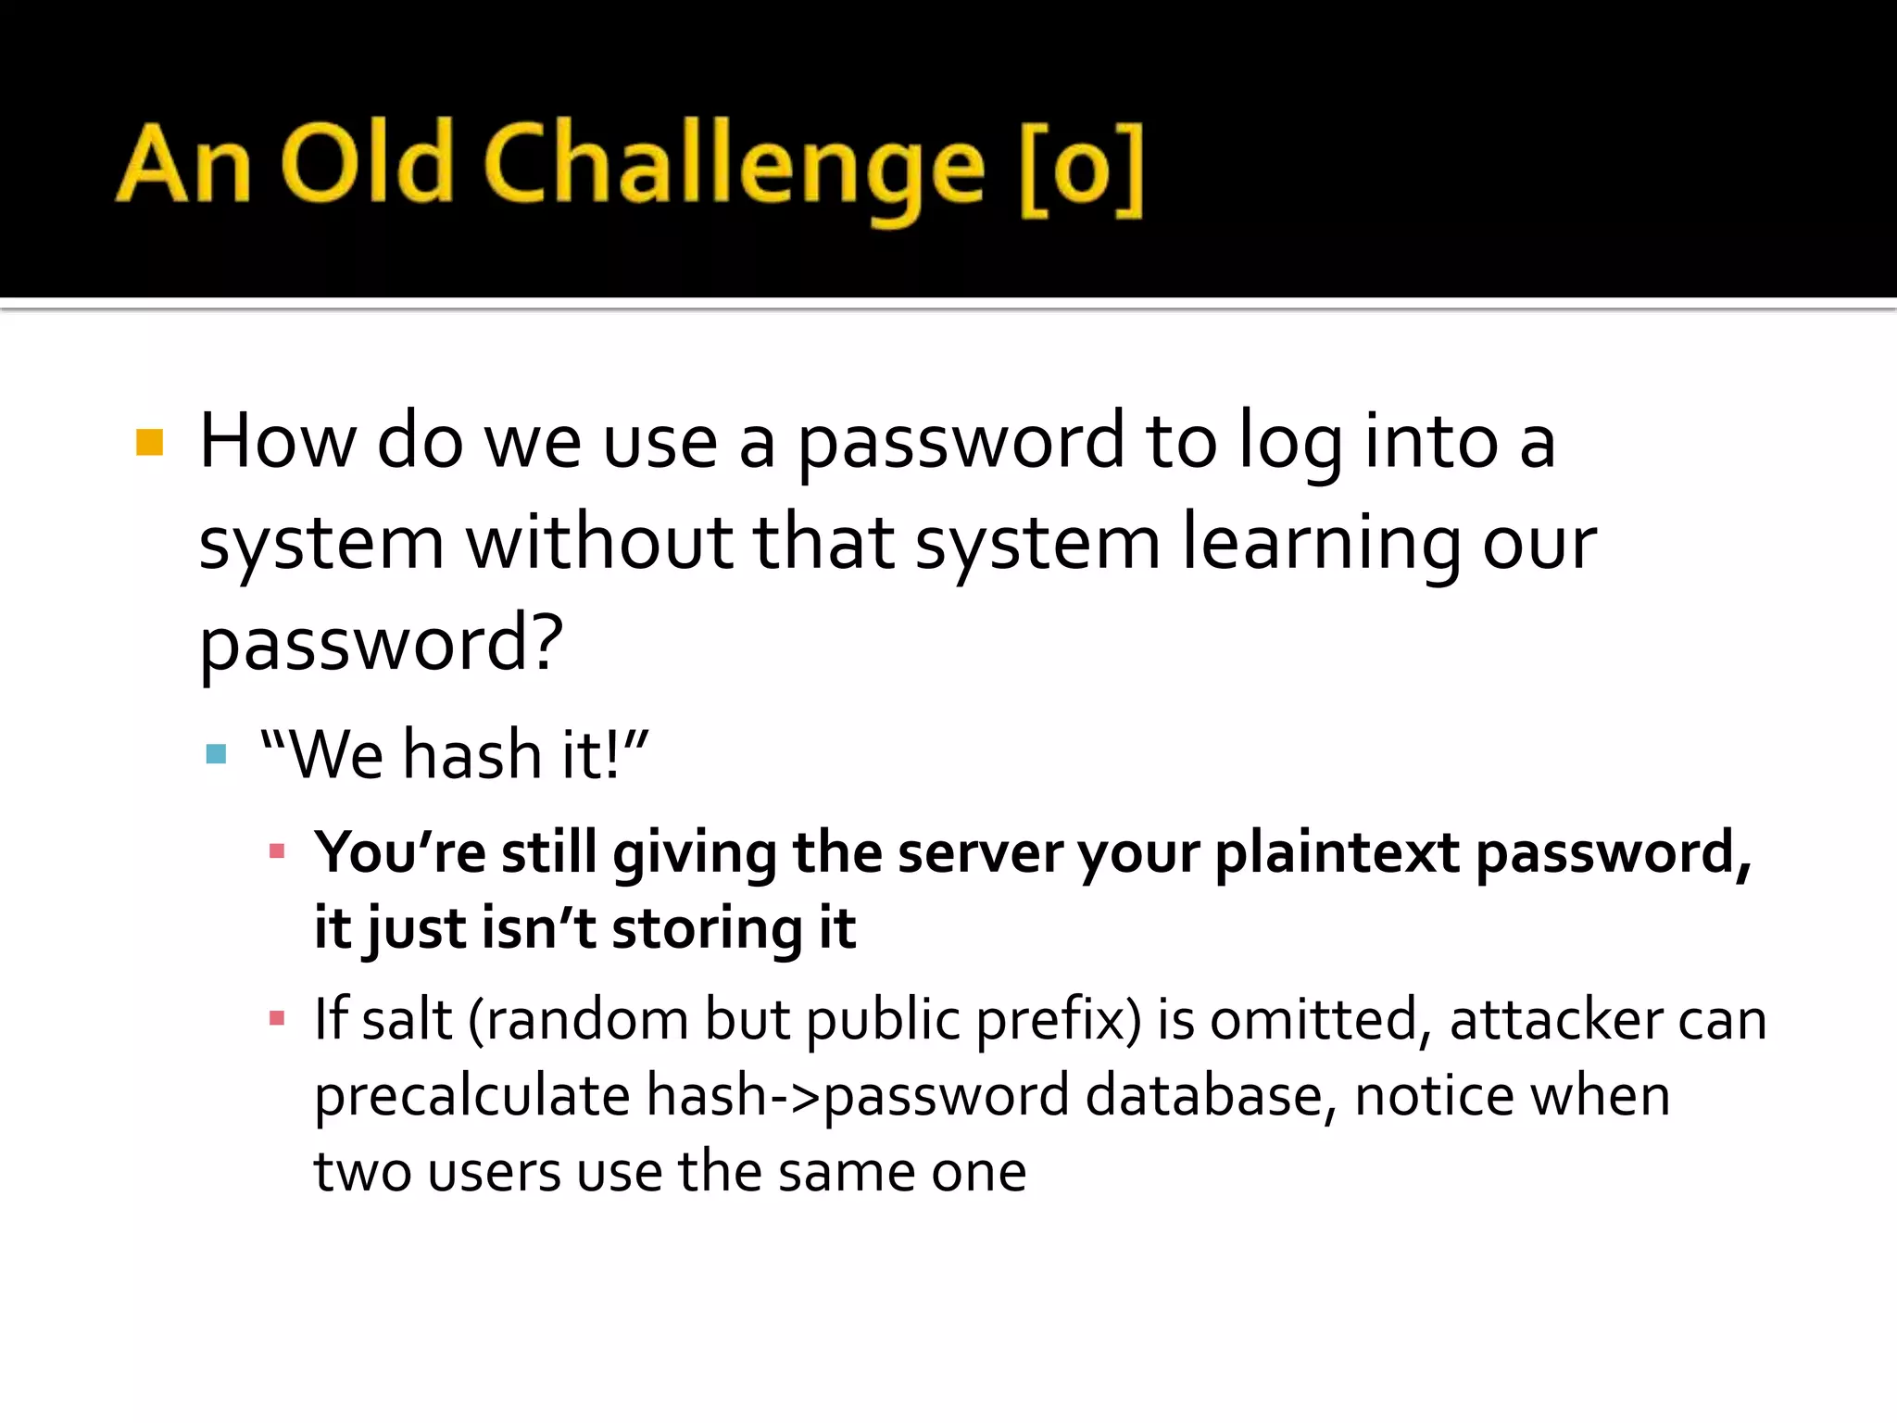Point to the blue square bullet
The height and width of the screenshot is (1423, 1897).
click(217, 754)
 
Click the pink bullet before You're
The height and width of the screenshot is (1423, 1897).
click(276, 851)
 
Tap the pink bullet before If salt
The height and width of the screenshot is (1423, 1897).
click(276, 1019)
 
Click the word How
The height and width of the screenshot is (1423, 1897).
click(277, 441)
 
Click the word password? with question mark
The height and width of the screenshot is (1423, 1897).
click(381, 645)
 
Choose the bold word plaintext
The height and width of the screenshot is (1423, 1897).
click(1337, 853)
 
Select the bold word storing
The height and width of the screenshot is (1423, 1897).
click(708, 930)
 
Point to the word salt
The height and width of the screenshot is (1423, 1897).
click(407, 1019)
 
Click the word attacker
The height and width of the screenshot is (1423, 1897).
click(1556, 1019)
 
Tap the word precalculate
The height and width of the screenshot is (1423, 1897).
click(472, 1097)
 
